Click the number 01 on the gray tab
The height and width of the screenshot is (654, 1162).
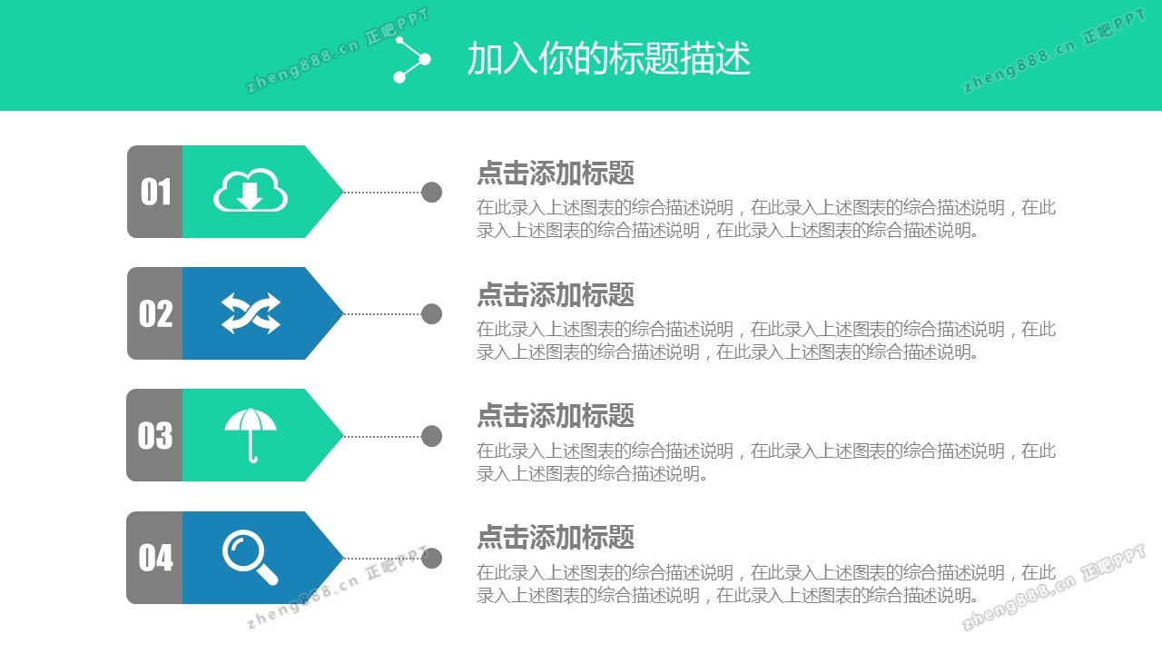click(x=155, y=192)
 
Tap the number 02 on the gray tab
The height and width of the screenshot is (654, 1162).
click(x=155, y=313)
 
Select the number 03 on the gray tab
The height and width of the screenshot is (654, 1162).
click(x=155, y=435)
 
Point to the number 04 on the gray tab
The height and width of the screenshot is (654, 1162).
click(x=155, y=558)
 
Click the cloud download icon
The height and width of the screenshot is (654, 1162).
click(x=251, y=190)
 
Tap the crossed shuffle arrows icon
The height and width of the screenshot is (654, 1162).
click(x=251, y=313)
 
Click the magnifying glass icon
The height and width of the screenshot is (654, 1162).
click(x=250, y=557)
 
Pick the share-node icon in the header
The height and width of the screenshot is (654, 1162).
click(x=412, y=60)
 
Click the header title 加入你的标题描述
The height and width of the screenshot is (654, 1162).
click(x=609, y=59)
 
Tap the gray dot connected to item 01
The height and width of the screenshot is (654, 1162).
click(x=431, y=192)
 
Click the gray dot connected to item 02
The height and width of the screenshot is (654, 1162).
click(x=431, y=313)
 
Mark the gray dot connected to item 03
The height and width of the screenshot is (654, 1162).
click(x=431, y=436)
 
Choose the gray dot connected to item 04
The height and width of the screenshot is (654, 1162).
click(x=431, y=558)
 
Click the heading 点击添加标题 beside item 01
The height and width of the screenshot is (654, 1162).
click(x=556, y=173)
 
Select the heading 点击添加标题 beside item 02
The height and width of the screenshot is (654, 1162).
click(x=556, y=294)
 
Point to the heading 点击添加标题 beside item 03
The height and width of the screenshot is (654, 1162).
click(x=556, y=416)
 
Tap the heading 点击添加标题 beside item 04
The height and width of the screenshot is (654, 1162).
click(x=556, y=537)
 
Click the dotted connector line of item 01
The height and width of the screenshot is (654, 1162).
click(x=382, y=192)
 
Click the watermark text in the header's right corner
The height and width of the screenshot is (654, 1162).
click(x=1054, y=51)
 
